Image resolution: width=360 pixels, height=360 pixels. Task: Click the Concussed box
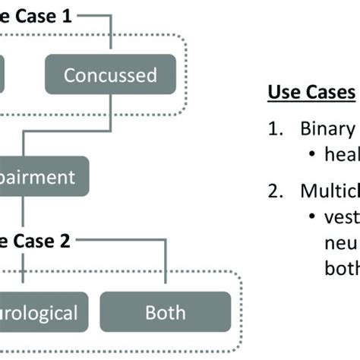point(110,75)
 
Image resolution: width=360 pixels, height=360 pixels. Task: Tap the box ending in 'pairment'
point(42,177)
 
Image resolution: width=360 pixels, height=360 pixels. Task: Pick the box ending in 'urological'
point(38,312)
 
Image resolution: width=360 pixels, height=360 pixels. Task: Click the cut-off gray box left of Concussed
point(3,75)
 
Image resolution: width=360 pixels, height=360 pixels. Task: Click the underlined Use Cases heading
point(311,93)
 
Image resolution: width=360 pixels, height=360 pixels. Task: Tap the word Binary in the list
point(327,128)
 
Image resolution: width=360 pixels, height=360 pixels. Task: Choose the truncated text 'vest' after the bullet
point(343,216)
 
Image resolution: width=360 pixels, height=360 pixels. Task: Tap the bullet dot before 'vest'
point(313,216)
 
